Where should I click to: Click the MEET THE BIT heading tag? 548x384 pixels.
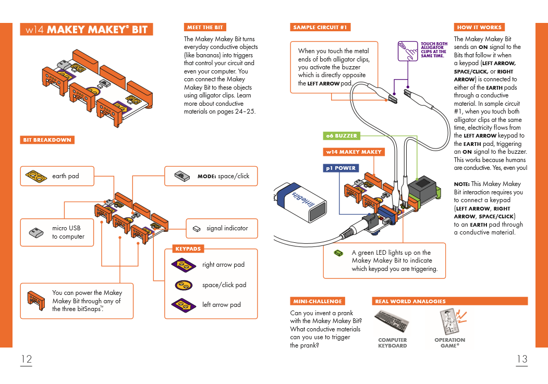pyautogui.click(x=205, y=27)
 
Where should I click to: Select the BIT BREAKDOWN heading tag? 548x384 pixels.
pyautogui.click(x=47, y=140)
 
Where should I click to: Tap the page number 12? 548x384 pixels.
pyautogui.click(x=26, y=359)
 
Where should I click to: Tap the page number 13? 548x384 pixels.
pyautogui.click(x=521, y=359)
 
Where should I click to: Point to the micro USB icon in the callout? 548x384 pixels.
pyautogui.click(x=35, y=232)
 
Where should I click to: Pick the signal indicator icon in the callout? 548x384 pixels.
pyautogui.click(x=197, y=228)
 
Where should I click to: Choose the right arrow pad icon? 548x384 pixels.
pyautogui.click(x=184, y=265)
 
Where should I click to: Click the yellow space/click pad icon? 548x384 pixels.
pyautogui.click(x=184, y=285)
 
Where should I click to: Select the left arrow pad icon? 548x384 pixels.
pyautogui.click(x=184, y=305)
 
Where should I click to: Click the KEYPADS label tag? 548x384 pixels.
pyautogui.click(x=188, y=249)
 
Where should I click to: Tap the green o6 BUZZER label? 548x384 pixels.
pyautogui.click(x=342, y=135)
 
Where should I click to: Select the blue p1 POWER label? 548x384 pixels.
pyautogui.click(x=341, y=168)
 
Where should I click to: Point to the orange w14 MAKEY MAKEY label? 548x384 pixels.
pyautogui.click(x=354, y=152)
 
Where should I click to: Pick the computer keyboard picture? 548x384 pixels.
pyautogui.click(x=392, y=322)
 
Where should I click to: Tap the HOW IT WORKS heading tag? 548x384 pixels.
pyautogui.click(x=479, y=27)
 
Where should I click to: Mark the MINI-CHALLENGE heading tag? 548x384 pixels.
pyautogui.click(x=317, y=301)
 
